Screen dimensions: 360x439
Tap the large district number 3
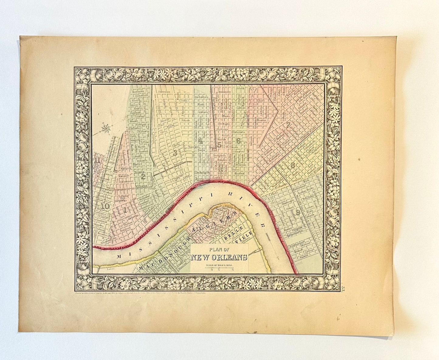pyautogui.click(x=175, y=153)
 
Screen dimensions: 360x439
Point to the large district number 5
pyautogui.click(x=219, y=145)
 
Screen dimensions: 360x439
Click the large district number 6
pyautogui.click(x=238, y=141)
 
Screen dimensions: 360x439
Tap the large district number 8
pyautogui.click(x=293, y=166)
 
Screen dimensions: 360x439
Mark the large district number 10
pyautogui.click(x=105, y=206)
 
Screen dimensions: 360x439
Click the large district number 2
pyautogui.click(x=143, y=175)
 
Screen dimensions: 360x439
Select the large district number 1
pyautogui.click(x=124, y=210)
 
